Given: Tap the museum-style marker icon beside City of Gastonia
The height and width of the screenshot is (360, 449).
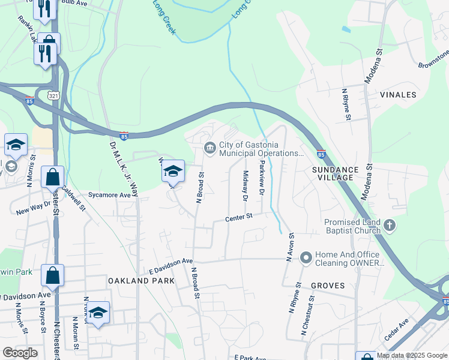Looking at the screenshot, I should [210, 146].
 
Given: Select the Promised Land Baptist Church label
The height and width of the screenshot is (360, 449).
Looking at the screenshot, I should [353, 226].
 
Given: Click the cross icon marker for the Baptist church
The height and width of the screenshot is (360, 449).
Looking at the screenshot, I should [390, 226].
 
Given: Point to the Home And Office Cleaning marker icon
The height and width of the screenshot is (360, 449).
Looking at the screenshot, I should [306, 258].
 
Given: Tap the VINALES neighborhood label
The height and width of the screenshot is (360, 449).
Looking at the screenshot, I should [398, 95].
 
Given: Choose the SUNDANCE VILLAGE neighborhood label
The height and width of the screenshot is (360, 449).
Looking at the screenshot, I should [335, 174].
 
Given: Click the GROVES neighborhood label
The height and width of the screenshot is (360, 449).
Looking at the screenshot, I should [328, 286].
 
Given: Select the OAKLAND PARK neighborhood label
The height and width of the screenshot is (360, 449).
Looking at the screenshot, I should [141, 281].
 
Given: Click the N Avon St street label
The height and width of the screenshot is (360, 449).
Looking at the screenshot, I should [289, 247].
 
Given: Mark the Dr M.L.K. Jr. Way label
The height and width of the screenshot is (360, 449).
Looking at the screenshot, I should [124, 169].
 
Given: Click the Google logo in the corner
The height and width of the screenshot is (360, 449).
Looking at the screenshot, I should [19, 353].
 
